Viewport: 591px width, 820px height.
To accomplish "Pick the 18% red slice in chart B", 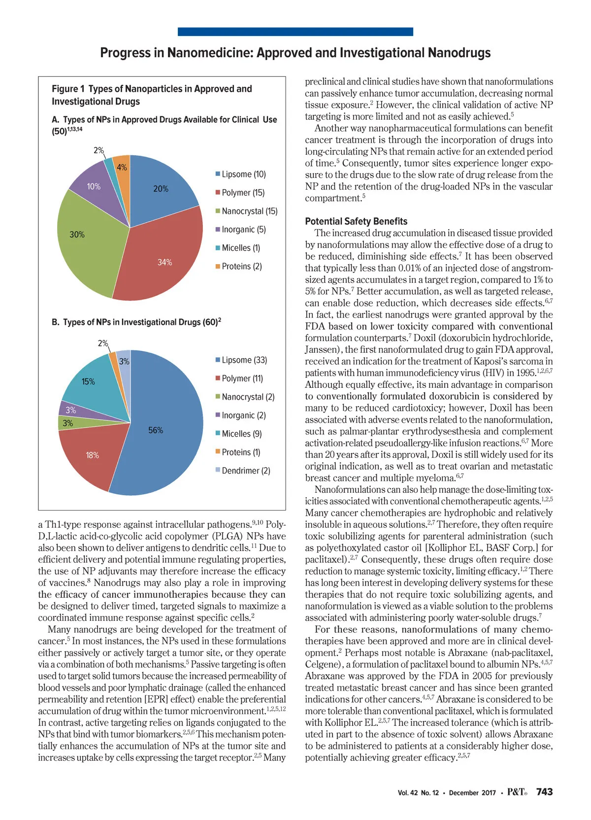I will point(91,456).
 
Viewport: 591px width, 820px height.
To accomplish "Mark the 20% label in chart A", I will point(161,189).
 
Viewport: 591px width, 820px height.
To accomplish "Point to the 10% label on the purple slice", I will point(94,186).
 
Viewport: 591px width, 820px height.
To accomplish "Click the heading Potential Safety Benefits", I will point(356,221).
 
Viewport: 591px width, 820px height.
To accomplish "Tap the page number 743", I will point(544,792).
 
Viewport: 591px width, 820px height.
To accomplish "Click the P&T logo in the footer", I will point(517,792).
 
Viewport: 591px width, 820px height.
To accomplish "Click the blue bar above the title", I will point(295,32).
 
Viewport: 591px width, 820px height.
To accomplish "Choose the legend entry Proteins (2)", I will point(241,267).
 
